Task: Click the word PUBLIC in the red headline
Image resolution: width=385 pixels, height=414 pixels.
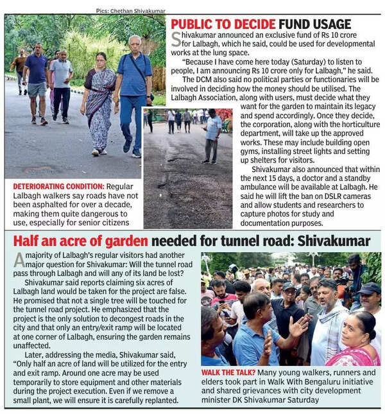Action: point(197,24)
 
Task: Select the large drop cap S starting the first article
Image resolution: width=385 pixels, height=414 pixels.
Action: point(176,39)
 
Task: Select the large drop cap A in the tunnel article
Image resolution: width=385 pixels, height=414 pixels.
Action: point(19,260)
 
